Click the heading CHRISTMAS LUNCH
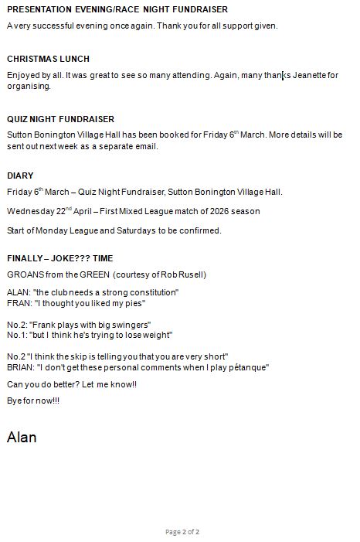coord(48,59)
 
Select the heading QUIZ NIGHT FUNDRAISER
coord(60,119)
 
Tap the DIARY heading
coord(20,176)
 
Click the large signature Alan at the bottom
coord(22,437)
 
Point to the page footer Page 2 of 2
coord(182,532)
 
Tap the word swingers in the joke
coord(129,324)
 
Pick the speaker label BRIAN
coord(19,368)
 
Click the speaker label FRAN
coord(19,303)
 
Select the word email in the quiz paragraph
coord(145,146)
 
